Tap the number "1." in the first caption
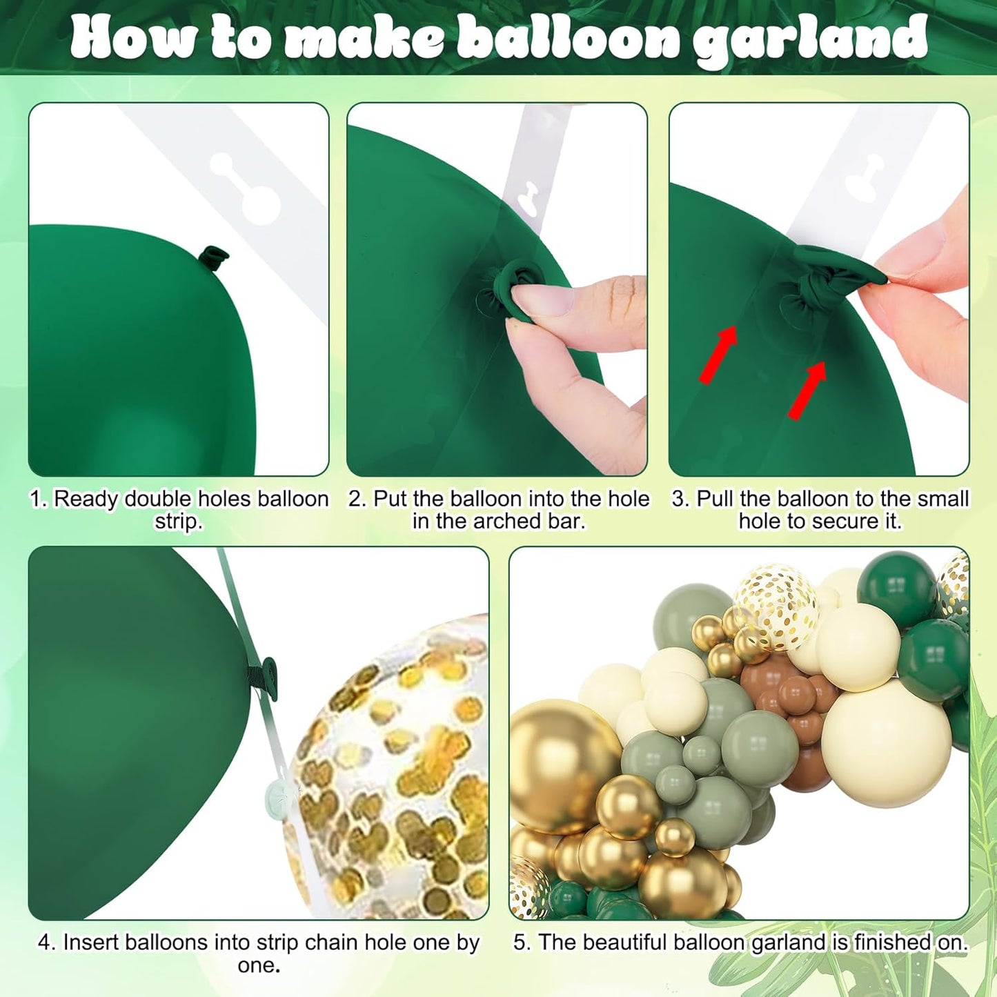click(x=39, y=499)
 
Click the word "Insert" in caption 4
click(x=92, y=942)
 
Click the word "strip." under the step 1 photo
click(x=179, y=521)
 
